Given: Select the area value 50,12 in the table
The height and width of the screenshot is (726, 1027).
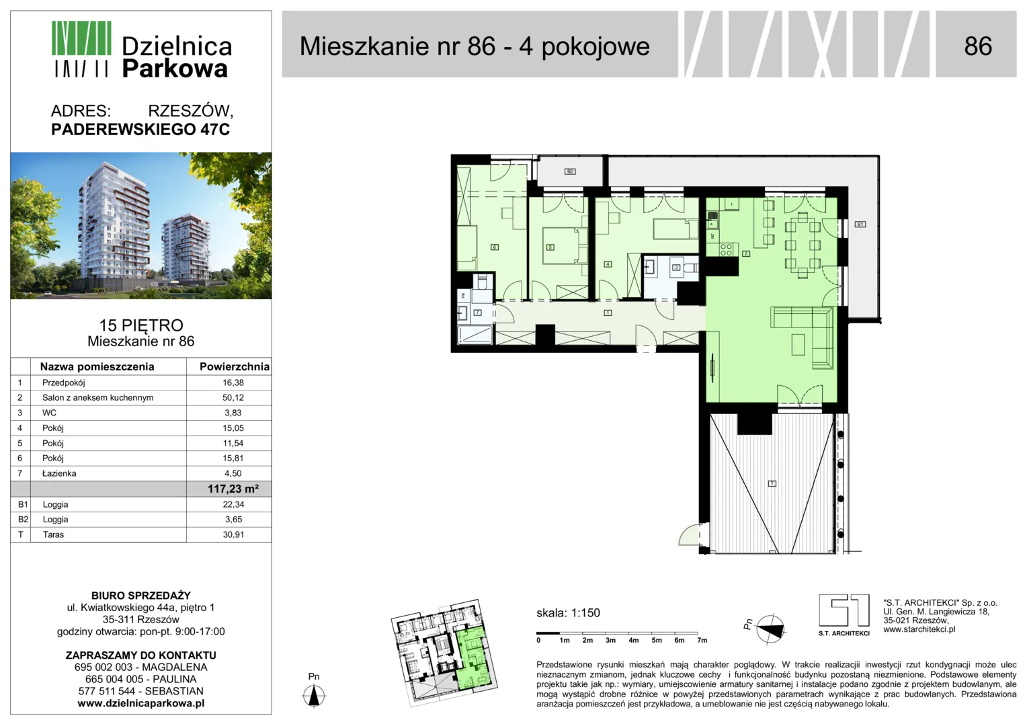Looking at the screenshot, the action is (233, 398).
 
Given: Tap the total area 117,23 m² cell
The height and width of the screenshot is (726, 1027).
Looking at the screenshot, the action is (233, 489).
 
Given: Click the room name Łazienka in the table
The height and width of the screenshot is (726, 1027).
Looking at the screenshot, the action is (59, 473).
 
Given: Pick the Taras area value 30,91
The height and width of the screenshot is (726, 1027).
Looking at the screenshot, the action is (233, 534).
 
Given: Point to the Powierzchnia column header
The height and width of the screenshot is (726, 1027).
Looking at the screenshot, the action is (235, 366).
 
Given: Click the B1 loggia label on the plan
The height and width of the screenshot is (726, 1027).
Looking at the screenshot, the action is (860, 225).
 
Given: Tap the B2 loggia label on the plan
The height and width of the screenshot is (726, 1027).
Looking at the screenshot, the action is (570, 171).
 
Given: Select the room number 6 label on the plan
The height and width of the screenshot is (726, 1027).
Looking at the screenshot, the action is (494, 247).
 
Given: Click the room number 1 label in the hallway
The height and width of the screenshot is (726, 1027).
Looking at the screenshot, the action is (608, 313).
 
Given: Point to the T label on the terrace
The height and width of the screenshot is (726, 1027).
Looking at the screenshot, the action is (772, 483).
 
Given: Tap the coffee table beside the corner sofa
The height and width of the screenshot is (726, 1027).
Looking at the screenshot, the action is (798, 344).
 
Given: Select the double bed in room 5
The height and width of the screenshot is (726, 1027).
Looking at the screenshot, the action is (565, 247).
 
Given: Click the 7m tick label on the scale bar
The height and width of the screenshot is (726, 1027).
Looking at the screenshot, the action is (702, 640).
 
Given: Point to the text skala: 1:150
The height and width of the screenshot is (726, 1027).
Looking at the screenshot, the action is (568, 612).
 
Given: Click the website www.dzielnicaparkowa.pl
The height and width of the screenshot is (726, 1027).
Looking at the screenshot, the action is (140, 703).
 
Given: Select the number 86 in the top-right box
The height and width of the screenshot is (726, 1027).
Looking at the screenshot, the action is (978, 46).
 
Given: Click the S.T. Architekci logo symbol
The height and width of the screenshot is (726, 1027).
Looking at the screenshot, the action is (844, 610).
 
